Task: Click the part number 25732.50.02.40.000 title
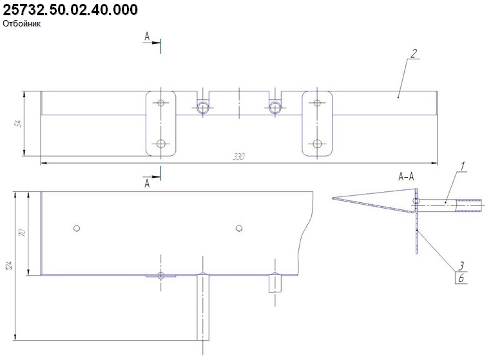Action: (x=70, y=10)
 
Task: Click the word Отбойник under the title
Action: (x=22, y=24)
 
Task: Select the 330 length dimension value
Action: (x=238, y=156)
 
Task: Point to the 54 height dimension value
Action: (x=18, y=123)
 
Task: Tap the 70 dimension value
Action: (x=23, y=232)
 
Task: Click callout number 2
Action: (x=414, y=53)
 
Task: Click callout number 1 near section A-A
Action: (x=463, y=166)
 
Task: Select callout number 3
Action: (x=461, y=266)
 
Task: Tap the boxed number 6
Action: (x=461, y=278)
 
